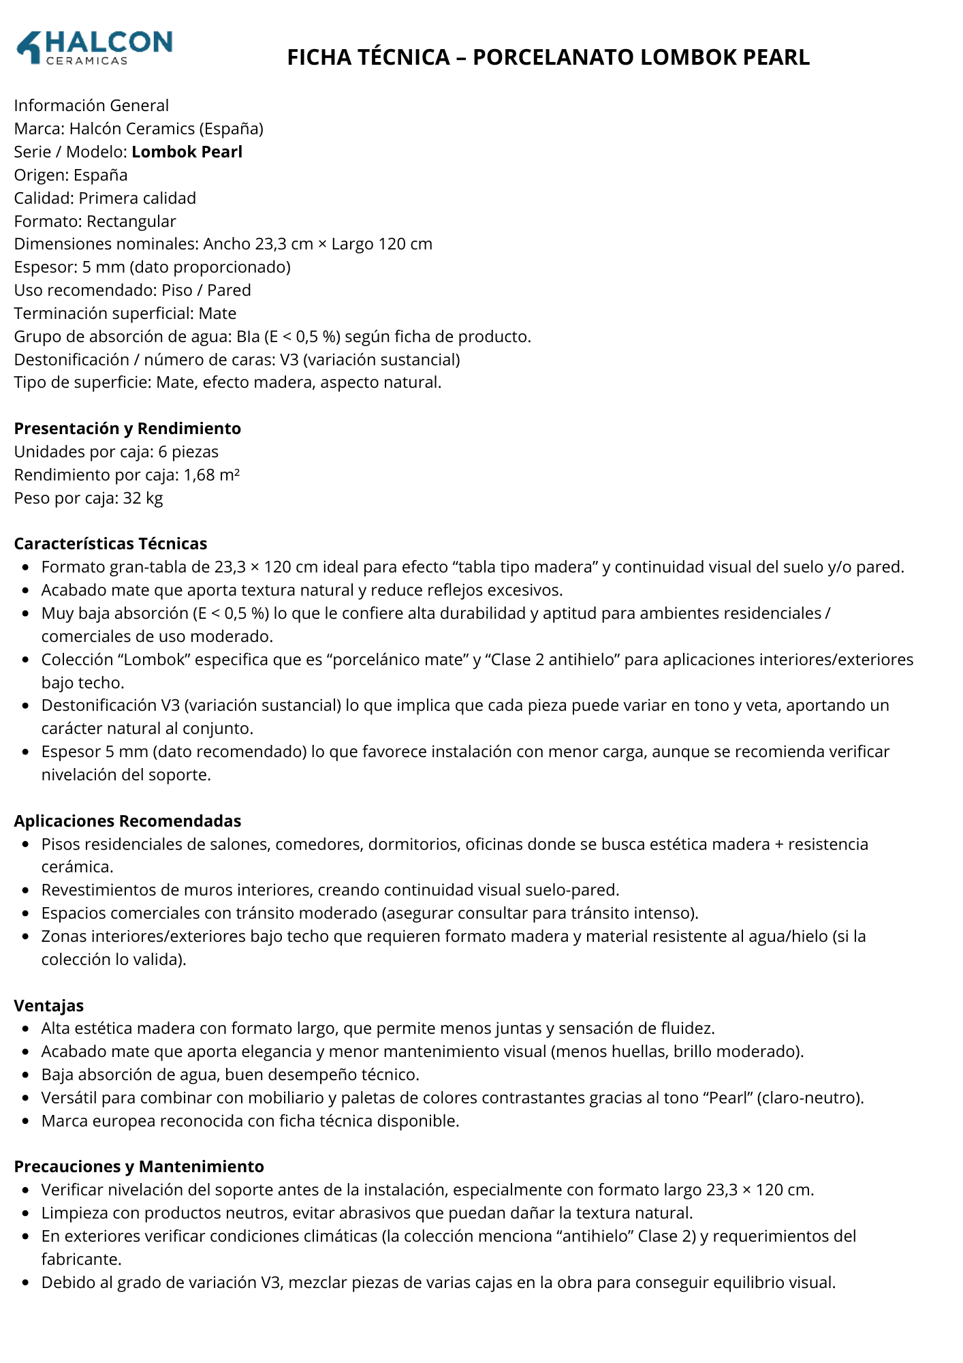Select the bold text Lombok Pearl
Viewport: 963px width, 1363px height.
(187, 152)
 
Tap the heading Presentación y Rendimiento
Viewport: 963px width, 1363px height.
(127, 429)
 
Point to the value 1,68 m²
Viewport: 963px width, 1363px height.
(211, 475)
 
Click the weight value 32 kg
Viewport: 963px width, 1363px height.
(143, 498)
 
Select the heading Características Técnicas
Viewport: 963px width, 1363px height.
(110, 544)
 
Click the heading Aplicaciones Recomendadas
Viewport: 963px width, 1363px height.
(127, 821)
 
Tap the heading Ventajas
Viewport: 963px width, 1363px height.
(49, 1006)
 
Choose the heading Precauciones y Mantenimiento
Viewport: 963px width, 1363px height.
(139, 1167)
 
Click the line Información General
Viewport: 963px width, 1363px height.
(91, 106)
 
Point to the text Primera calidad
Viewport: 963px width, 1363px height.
(137, 198)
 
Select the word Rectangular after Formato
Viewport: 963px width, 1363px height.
(131, 221)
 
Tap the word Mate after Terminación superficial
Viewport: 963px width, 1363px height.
(217, 313)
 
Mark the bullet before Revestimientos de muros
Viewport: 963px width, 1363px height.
(25, 891)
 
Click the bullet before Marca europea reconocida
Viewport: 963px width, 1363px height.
(25, 1122)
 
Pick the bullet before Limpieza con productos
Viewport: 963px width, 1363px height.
(25, 1214)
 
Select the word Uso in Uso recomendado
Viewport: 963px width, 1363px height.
(27, 290)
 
